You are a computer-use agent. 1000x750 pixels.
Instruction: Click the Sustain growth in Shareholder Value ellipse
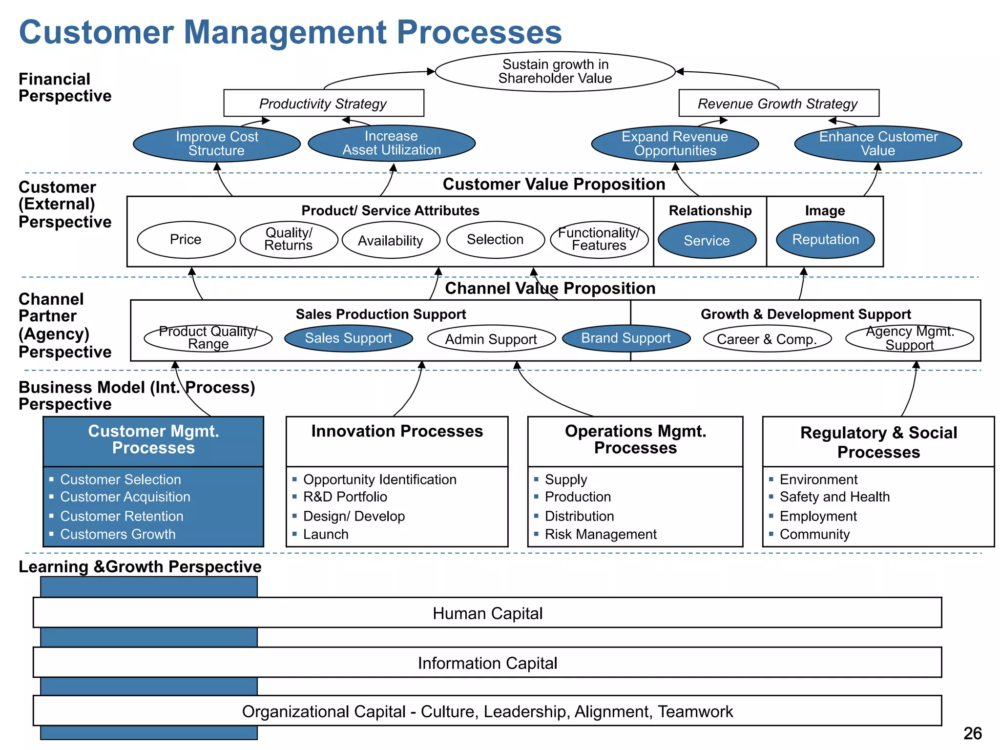[x=555, y=72]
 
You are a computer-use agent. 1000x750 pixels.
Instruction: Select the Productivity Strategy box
[x=323, y=104]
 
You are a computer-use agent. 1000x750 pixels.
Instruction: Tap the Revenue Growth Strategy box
[x=778, y=104]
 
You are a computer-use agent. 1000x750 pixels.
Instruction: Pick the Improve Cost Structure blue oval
[x=217, y=144]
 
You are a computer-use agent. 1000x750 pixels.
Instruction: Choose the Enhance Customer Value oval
[x=878, y=144]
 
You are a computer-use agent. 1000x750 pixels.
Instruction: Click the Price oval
[x=186, y=240]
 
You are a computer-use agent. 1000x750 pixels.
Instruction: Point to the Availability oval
[x=391, y=240]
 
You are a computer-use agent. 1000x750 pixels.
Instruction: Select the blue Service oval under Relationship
[x=707, y=240]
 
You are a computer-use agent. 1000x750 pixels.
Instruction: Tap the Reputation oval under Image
[x=825, y=240]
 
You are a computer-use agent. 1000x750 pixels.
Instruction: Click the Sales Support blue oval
[x=348, y=338]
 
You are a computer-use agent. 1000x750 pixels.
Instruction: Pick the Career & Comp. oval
[x=767, y=339]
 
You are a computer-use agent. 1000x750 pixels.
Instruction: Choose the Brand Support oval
[x=626, y=338]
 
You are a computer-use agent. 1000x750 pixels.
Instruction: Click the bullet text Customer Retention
[x=122, y=516]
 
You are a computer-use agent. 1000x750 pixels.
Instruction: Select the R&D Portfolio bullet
[x=345, y=497]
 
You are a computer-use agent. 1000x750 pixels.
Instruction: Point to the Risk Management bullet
[x=601, y=534]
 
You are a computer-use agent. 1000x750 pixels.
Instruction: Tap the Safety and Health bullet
[x=834, y=497]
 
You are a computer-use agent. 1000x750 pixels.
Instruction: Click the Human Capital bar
[x=487, y=613]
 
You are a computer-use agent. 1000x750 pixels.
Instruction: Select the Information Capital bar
[x=487, y=663]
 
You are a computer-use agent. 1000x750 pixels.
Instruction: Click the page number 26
[x=972, y=733]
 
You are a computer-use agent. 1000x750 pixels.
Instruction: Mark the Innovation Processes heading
[x=397, y=432]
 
